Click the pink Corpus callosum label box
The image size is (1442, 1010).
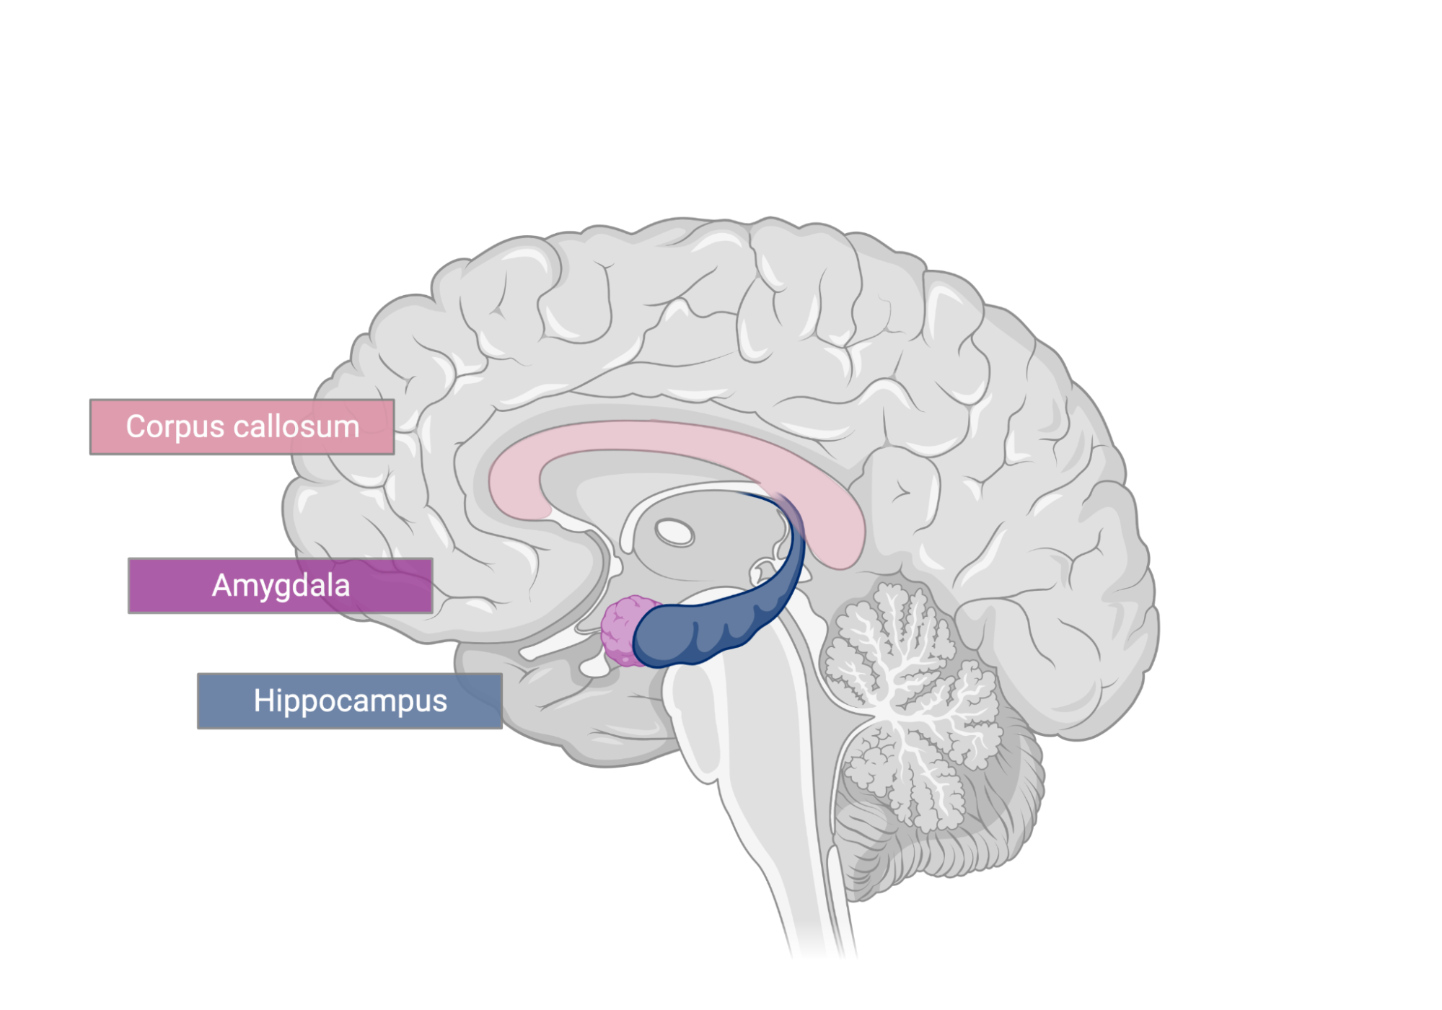pyautogui.click(x=242, y=426)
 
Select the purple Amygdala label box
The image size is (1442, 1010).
pyautogui.click(x=281, y=585)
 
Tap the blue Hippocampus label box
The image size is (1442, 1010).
pyautogui.click(x=350, y=701)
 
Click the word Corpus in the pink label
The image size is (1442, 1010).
pyautogui.click(x=175, y=427)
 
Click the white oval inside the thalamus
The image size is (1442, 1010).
pyautogui.click(x=674, y=533)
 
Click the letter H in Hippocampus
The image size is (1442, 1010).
pyautogui.click(x=263, y=701)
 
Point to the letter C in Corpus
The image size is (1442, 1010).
pyautogui.click(x=136, y=426)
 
